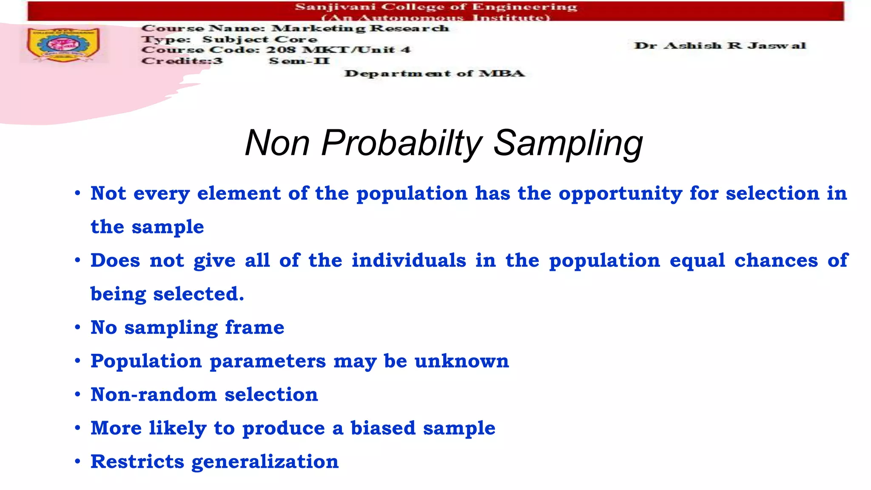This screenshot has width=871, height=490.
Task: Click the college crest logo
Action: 63,45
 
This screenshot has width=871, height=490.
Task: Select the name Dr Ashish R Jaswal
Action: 720,46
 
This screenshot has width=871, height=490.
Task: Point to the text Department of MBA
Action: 434,74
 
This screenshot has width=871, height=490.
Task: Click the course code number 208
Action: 280,50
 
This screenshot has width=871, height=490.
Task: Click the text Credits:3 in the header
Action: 182,61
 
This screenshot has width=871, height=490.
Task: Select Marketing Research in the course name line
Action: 360,28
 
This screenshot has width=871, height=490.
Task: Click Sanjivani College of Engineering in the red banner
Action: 435,7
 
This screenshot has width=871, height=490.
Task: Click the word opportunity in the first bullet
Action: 620,194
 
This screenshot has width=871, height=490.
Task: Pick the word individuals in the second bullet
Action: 409,260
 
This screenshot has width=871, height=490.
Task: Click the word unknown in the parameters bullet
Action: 461,361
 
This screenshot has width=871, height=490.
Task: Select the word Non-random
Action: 154,395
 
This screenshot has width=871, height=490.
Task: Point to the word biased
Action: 383,428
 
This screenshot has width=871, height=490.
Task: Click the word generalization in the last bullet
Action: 265,462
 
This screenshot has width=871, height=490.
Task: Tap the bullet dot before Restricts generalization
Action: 77,462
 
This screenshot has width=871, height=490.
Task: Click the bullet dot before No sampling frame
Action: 77,328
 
